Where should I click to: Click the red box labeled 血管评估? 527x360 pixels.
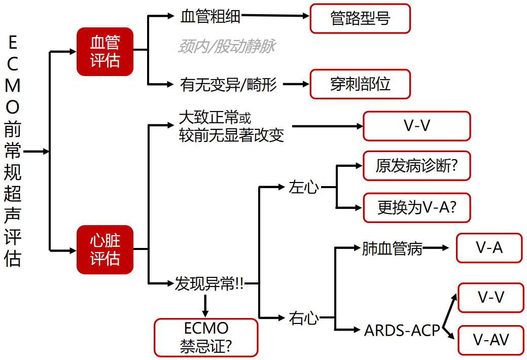(105, 51)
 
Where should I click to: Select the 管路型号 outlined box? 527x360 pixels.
(360, 19)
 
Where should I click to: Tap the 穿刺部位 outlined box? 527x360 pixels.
(360, 84)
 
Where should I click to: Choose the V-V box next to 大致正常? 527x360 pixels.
(417, 126)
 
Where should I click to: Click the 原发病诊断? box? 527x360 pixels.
(417, 166)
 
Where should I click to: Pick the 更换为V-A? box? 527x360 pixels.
(417, 207)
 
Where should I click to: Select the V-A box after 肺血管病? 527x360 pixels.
(489, 248)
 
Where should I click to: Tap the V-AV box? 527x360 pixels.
(490, 340)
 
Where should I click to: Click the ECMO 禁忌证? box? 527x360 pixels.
(206, 337)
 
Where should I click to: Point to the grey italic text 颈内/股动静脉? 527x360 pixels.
(227, 47)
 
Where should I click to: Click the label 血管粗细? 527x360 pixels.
(210, 17)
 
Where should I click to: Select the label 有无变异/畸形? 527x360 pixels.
(228, 84)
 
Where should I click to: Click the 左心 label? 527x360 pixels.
(304, 187)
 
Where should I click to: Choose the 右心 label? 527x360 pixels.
(304, 318)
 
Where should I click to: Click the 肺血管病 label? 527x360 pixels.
(392, 248)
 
